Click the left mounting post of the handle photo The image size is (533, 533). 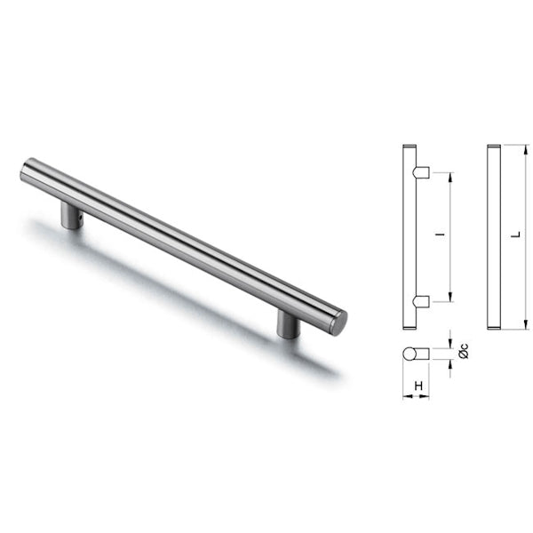72,215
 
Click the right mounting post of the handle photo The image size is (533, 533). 288,323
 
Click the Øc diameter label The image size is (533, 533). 463,351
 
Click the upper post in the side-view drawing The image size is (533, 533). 422,171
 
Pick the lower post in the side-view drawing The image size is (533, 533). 422,301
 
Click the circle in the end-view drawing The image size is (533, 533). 410,354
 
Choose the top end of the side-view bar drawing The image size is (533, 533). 409,147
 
